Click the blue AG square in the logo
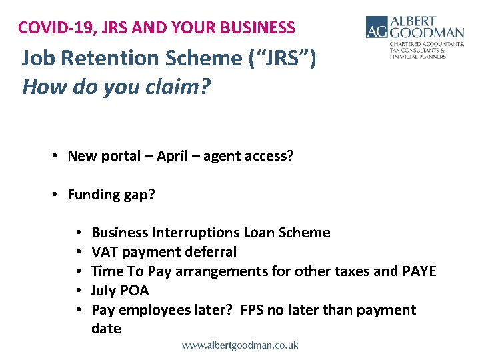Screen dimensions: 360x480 pyautogui.click(x=377, y=27)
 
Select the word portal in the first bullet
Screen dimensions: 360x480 pyautogui.click(x=117, y=156)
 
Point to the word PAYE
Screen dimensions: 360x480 pyautogui.click(x=419, y=271)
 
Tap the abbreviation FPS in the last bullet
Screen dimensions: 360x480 pyautogui.click(x=251, y=310)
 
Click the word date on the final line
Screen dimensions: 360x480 pyautogui.click(x=106, y=329)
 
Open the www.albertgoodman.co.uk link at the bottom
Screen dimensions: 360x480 pyautogui.click(x=240, y=345)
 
